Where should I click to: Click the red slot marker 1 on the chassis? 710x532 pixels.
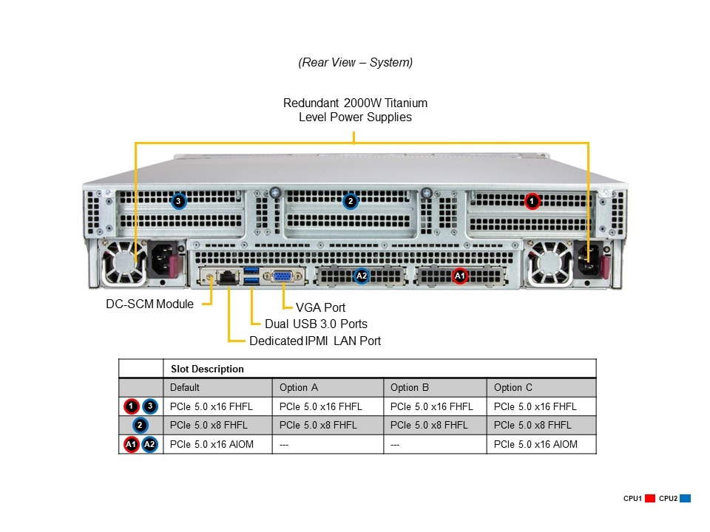pos(531,200)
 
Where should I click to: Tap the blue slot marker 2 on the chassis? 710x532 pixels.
pos(351,200)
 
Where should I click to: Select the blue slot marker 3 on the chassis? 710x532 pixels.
pos(177,200)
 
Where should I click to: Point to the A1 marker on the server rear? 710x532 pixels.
pos(459,276)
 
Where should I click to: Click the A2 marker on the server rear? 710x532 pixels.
pos(361,276)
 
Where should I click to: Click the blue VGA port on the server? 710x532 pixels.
pos(282,277)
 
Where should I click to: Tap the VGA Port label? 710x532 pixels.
pos(320,307)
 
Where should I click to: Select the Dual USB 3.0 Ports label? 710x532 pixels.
pos(316,324)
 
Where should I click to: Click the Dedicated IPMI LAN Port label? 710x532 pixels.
pos(315,341)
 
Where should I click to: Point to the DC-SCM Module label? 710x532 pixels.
pos(149,304)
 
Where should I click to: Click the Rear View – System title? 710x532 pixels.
pos(356,63)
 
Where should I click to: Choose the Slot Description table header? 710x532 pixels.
pos(207,369)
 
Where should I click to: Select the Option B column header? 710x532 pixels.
pos(410,387)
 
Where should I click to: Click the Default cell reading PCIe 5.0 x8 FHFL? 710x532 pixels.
pos(209,425)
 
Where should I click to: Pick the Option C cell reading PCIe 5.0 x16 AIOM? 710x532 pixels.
pos(535,444)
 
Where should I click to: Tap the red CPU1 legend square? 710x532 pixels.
pos(651,499)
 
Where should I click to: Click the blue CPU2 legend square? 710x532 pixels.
pos(686,499)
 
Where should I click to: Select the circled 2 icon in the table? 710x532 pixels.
pos(141,425)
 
